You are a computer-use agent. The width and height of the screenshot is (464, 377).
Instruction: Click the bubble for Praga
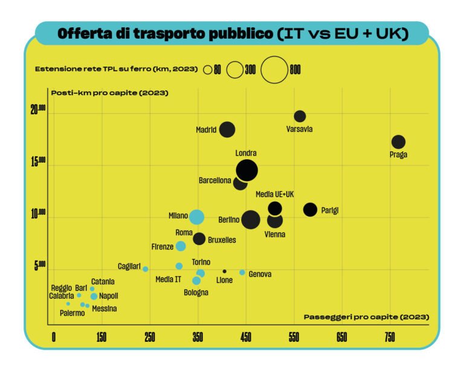point(398,142)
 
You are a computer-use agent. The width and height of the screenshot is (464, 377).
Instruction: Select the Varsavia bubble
point(300,116)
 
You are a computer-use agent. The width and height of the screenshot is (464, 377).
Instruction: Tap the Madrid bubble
point(227,129)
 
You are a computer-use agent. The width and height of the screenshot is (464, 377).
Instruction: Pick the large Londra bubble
point(246,170)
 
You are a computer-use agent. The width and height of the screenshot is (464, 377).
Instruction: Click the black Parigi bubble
point(310,209)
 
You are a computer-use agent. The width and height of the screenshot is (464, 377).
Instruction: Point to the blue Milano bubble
point(196,217)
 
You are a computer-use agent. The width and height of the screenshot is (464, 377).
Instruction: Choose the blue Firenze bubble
point(181,246)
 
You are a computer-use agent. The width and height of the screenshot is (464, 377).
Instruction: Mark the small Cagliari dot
point(146,269)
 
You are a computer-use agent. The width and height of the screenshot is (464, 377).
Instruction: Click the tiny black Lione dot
point(225,271)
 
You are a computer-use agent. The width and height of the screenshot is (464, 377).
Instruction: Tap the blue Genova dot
point(242,272)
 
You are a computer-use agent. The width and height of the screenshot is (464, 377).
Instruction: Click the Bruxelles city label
point(222,240)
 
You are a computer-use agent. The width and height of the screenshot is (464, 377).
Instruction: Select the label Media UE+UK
point(274,194)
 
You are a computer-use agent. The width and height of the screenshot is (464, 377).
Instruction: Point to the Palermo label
point(72,313)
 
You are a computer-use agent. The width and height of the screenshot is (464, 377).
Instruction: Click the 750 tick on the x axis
point(390,338)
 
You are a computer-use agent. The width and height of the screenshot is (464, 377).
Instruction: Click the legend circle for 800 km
point(275,70)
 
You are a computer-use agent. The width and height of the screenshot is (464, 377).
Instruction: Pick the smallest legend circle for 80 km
point(208,70)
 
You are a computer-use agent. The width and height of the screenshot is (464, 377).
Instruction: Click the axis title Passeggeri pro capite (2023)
point(366,317)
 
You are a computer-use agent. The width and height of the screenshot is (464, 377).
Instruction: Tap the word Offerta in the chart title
point(85,34)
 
